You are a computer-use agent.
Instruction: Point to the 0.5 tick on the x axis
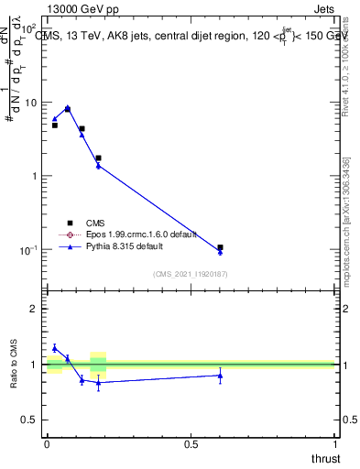(x=191, y=444)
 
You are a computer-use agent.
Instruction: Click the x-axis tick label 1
(x=335, y=444)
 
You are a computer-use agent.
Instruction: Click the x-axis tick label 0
(x=47, y=444)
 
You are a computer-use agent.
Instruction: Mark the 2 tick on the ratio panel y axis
(x=36, y=309)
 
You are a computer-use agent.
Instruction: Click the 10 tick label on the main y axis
(x=31, y=103)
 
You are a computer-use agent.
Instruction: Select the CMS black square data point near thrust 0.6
(x=220, y=247)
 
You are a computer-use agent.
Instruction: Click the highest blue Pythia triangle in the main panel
(x=67, y=107)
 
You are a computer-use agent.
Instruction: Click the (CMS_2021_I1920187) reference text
(x=190, y=274)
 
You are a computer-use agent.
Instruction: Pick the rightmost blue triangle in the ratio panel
(x=220, y=376)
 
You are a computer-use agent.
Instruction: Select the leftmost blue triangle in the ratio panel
(x=55, y=348)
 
